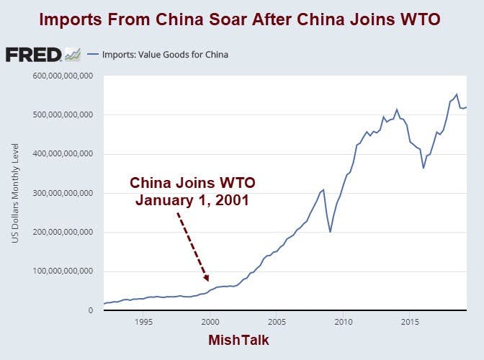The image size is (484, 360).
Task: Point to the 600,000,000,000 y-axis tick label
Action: pyautogui.click(x=62, y=76)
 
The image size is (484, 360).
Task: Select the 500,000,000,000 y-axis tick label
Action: pyautogui.click(x=62, y=114)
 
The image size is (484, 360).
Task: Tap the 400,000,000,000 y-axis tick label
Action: pyautogui.click(x=62, y=154)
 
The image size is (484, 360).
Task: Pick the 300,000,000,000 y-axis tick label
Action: pyautogui.click(x=62, y=193)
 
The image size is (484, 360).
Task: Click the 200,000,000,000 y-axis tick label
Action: pyautogui.click(x=62, y=233)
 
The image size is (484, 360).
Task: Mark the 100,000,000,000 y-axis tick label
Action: pyautogui.click(x=62, y=271)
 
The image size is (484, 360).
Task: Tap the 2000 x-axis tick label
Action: pyautogui.click(x=210, y=321)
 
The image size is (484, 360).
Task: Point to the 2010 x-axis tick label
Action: pyautogui.click(x=343, y=321)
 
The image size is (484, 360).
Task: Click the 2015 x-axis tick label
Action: pyautogui.click(x=410, y=321)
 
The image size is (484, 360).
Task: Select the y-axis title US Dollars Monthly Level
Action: pyautogui.click(x=15, y=193)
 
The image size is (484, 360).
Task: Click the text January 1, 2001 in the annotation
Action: pyautogui.click(x=192, y=200)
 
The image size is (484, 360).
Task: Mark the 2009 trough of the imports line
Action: pyautogui.click(x=330, y=231)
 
